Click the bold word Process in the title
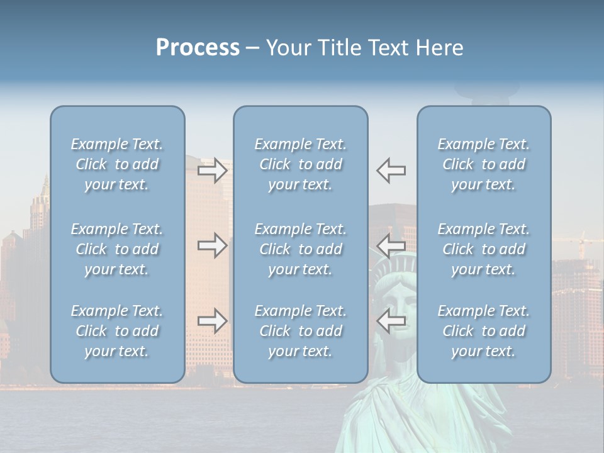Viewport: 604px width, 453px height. click(x=198, y=48)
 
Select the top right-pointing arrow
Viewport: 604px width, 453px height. click(x=212, y=170)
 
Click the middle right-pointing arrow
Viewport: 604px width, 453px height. click(x=212, y=245)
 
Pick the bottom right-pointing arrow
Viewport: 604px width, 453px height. click(x=212, y=321)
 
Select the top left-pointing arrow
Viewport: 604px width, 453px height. click(x=391, y=170)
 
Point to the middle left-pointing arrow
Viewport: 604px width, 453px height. click(x=391, y=245)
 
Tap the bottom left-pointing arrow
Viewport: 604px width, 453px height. click(x=391, y=321)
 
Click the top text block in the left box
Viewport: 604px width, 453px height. click(x=117, y=164)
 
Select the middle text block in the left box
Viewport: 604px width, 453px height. click(x=117, y=249)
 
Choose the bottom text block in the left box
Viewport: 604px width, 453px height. click(x=117, y=331)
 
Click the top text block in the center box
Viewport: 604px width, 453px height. click(x=300, y=164)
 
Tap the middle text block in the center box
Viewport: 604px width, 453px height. click(x=300, y=249)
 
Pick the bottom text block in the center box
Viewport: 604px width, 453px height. click(x=300, y=331)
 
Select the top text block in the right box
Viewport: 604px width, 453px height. click(x=484, y=164)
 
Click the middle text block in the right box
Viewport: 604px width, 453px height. click(x=484, y=249)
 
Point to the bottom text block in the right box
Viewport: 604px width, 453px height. click(x=484, y=331)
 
